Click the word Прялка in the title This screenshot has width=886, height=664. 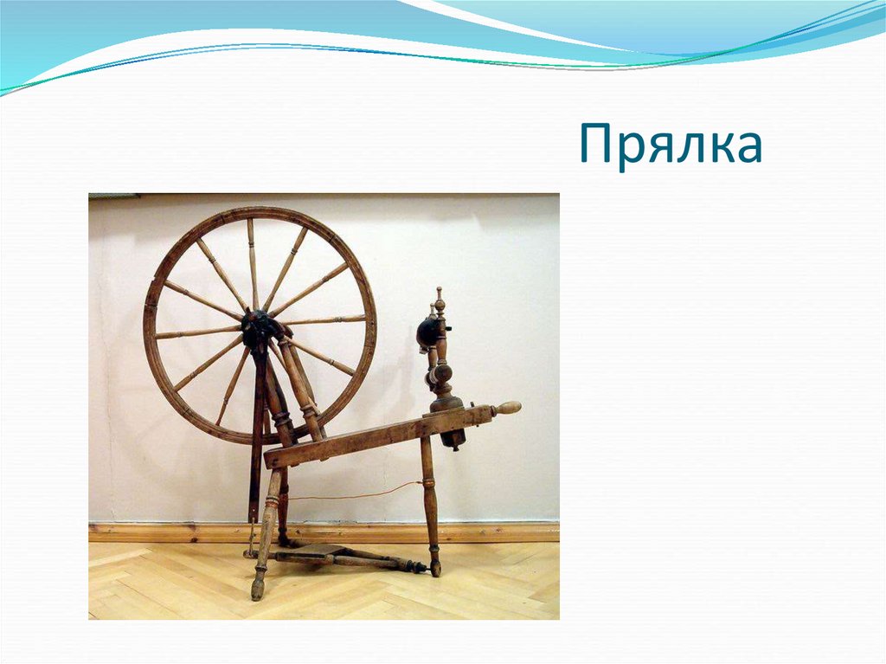click(671, 145)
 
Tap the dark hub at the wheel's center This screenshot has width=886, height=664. click(259, 326)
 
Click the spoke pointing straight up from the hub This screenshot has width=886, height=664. click(253, 264)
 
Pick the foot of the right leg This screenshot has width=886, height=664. click(435, 568)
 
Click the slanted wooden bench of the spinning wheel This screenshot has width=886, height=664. click(372, 437)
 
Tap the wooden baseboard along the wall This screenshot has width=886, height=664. click(485, 531)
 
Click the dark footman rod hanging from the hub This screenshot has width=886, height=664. click(255, 433)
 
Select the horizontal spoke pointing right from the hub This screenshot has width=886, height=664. click(324, 320)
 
